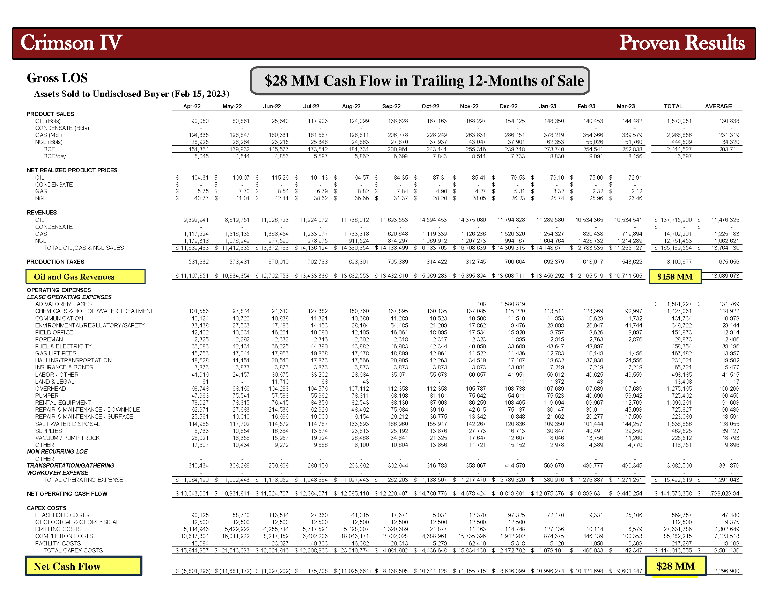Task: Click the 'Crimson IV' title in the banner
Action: click(71, 43)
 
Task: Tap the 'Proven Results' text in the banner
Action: click(681, 43)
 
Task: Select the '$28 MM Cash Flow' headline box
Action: click(420, 81)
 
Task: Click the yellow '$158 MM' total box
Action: click(674, 277)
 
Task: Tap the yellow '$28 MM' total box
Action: click(675, 566)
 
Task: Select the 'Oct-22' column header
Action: click(430, 106)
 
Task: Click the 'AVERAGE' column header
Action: click(718, 106)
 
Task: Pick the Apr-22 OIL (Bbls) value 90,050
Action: click(200, 121)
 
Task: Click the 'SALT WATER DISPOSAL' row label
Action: click(67, 424)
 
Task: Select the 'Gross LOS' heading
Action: click(57, 78)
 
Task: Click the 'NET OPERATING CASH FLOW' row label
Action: click(67, 494)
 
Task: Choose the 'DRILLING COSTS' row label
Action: click(58, 529)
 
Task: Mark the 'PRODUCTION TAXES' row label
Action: click(56, 262)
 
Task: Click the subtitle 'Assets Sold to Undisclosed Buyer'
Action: click(131, 94)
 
